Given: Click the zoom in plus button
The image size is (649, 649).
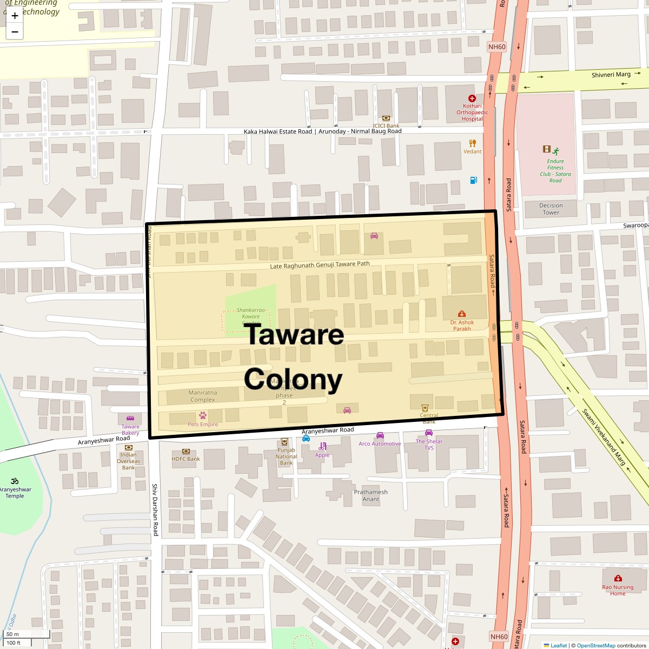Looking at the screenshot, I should click(x=15, y=16).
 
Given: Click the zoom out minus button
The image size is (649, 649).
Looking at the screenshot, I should click(x=15, y=32).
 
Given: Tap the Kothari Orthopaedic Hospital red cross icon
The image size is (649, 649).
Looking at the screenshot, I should click(x=472, y=98).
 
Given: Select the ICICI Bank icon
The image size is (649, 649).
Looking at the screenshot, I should click(x=386, y=118).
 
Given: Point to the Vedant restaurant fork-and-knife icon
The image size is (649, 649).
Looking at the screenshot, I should click(x=473, y=143).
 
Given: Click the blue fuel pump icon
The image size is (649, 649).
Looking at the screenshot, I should click(x=473, y=180).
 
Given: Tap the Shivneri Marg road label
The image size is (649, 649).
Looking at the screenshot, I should click(x=611, y=75).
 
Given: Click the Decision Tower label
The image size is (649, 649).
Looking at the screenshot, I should click(x=551, y=209).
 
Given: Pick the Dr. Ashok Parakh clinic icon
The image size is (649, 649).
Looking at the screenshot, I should click(x=462, y=314).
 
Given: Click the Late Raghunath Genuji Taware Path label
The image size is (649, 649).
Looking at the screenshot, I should click(x=320, y=264).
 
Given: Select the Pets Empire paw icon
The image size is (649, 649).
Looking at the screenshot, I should click(x=203, y=415).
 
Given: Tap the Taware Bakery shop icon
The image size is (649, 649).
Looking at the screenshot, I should click(x=130, y=419).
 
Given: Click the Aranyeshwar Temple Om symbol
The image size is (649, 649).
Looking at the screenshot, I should click(x=15, y=481).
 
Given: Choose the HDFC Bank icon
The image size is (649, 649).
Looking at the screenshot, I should click(x=186, y=451).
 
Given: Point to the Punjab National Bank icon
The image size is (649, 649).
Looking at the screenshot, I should click(x=284, y=441).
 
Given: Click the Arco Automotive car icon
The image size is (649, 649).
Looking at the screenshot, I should click(x=380, y=435).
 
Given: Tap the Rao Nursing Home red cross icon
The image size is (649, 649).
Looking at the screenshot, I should click(x=618, y=578).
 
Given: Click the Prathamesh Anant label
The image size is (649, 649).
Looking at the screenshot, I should click(x=370, y=495).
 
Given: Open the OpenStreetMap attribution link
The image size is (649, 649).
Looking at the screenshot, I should click(x=595, y=645).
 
